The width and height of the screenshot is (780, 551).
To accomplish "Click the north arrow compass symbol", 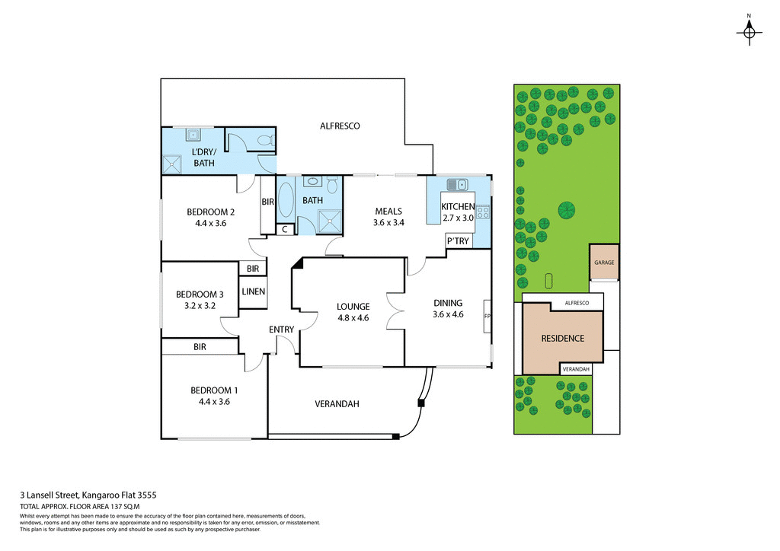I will pyautogui.click(x=750, y=31).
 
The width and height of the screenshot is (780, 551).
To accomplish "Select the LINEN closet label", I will pyautogui.click(x=253, y=292).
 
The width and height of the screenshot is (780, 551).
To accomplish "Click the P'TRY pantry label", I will pyautogui.click(x=459, y=241).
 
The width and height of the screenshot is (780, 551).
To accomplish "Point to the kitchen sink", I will pyautogui.click(x=457, y=184).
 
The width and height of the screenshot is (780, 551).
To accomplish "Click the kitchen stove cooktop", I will pyautogui.click(x=482, y=212).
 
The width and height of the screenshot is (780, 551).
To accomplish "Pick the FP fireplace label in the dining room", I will pyautogui.click(x=487, y=315).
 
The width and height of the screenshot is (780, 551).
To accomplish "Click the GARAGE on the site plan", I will pyautogui.click(x=604, y=263).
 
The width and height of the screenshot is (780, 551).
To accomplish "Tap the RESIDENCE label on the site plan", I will pyautogui.click(x=562, y=339).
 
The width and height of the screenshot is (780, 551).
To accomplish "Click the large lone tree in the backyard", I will pyautogui.click(x=566, y=209).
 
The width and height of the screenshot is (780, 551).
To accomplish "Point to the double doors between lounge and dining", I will pyautogui.click(x=395, y=310).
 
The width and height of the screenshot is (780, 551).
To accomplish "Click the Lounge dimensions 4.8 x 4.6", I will pyautogui.click(x=353, y=318).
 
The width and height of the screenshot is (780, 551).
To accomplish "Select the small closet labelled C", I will pyautogui.click(x=284, y=229).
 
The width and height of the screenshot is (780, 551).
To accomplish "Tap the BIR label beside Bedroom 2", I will pyautogui.click(x=267, y=202).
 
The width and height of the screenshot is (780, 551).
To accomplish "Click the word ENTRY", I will pyautogui.click(x=281, y=329).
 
